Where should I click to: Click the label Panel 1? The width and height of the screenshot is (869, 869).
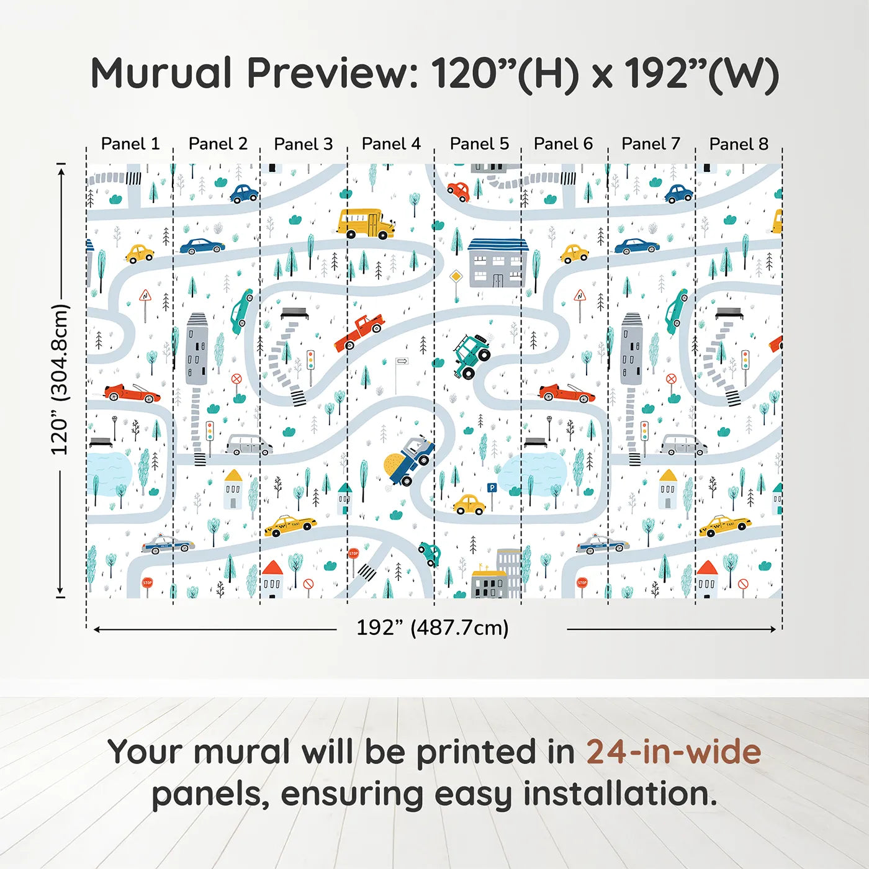coord(130,144)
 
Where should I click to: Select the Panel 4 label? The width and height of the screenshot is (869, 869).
coord(391,144)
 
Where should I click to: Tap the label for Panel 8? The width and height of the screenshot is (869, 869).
coord(739,144)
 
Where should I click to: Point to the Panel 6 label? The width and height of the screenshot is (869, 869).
coord(563,144)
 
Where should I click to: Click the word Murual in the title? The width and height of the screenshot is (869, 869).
coord(161,73)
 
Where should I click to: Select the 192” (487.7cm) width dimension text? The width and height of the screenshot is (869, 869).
coord(432,628)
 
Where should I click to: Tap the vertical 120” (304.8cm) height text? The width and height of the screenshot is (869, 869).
coord(60,379)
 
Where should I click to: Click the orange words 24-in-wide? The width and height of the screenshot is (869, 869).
coord(673,752)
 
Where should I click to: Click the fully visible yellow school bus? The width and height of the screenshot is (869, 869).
coord(366,223)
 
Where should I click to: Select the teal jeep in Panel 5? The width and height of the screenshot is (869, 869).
coord(471,356)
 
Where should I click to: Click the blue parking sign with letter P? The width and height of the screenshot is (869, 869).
coord(492,489)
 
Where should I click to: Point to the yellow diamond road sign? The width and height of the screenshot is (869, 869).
coord(456,276)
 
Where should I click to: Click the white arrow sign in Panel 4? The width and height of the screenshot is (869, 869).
coord(402,361)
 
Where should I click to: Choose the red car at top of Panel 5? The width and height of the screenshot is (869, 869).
coord(459,191)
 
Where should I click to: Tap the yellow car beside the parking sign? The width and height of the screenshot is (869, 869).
coord(469,505)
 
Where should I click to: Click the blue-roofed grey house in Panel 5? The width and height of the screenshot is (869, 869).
coord(497,262)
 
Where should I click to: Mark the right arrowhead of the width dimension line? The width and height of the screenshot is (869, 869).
coord(773,629)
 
